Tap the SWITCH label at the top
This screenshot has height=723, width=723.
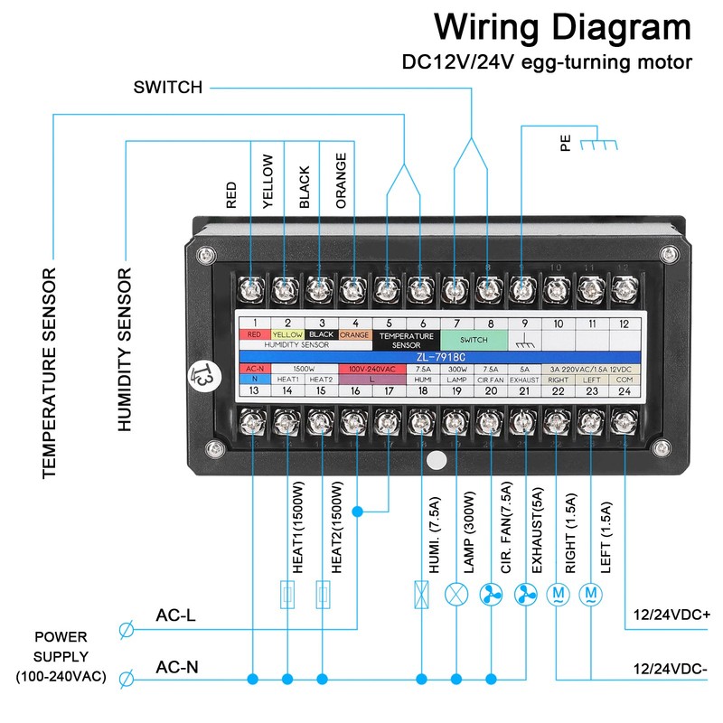click(x=168, y=88)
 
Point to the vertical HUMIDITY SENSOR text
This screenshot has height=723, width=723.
click(x=126, y=349)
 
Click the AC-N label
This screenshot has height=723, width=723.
click(x=177, y=668)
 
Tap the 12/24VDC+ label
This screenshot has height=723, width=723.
click(x=671, y=615)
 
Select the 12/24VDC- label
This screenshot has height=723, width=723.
click(x=671, y=668)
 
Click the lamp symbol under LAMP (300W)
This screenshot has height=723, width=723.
click(x=455, y=594)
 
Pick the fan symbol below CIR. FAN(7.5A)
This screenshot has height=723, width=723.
click(x=491, y=594)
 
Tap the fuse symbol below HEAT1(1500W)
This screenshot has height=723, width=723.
click(x=287, y=595)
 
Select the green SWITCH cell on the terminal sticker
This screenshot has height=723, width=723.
click(x=473, y=340)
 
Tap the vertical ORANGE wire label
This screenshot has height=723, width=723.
click(x=341, y=181)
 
